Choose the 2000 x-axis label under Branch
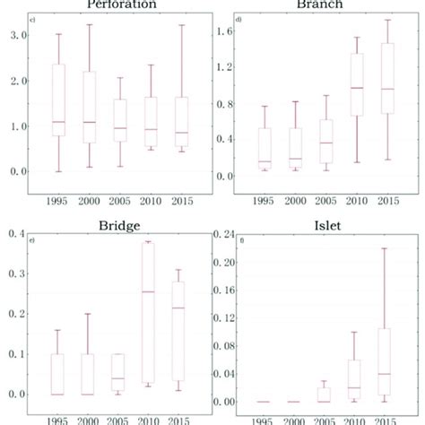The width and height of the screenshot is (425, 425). pos(299,203)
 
